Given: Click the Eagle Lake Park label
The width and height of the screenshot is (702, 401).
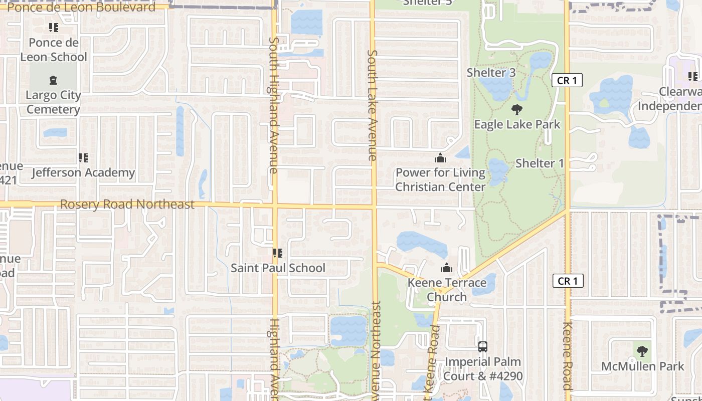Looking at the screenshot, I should click(517, 124).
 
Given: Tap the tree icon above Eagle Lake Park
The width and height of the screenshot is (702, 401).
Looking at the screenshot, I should click(517, 109).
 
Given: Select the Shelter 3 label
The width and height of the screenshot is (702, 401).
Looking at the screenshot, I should click(491, 73).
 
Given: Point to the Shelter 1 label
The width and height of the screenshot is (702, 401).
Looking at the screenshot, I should click(540, 163).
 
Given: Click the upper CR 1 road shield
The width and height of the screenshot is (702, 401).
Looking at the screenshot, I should click(567, 80).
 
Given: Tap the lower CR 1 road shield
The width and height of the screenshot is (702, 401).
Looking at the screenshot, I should click(568, 281).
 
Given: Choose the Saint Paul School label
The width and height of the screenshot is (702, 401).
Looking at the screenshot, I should click(278, 268).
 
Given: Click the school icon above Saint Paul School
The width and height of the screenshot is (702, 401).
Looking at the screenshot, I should click(277, 253).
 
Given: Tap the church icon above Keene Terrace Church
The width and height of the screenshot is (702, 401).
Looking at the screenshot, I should click(446, 268).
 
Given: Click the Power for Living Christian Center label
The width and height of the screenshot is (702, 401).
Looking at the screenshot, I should click(440, 180).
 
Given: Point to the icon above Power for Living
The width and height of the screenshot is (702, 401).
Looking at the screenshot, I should click(440, 158).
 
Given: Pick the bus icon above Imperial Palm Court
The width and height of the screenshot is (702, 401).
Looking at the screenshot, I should click(482, 346).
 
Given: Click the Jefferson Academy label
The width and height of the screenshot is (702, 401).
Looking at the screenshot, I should click(83, 173).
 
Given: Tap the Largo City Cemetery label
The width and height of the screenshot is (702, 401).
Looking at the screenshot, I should click(53, 102).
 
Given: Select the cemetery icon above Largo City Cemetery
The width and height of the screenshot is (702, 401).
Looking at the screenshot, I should click(53, 80).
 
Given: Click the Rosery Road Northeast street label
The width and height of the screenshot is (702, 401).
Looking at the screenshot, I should click(127, 205).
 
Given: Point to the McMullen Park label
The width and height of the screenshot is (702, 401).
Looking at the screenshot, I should click(643, 366).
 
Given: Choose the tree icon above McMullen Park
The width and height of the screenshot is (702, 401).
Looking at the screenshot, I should click(642, 351).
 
